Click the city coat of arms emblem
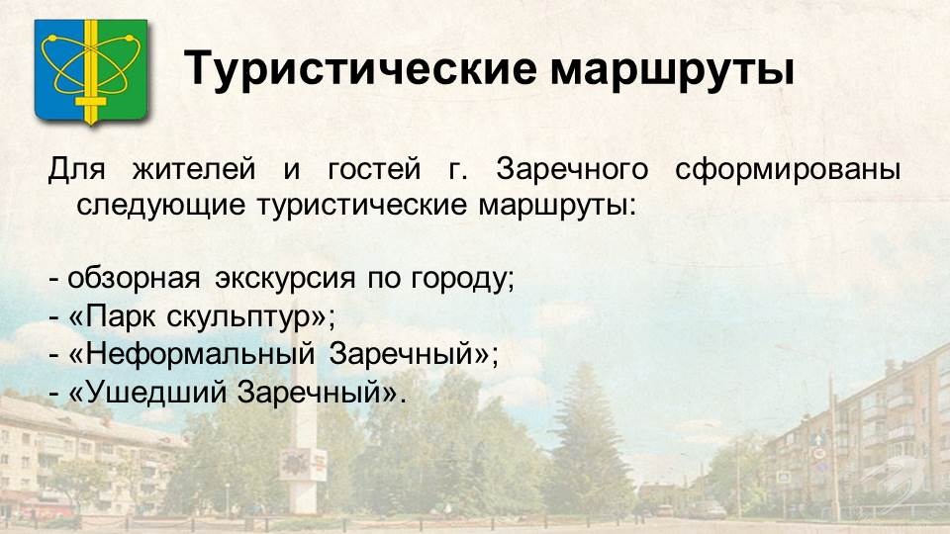(91, 71)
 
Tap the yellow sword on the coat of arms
(91, 71)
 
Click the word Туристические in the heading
(360, 68)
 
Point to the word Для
(76, 169)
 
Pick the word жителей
(194, 169)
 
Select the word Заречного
(572, 170)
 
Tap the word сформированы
(788, 170)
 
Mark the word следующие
(160, 206)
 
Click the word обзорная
(134, 279)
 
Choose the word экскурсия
(285, 279)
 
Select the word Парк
(121, 316)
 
